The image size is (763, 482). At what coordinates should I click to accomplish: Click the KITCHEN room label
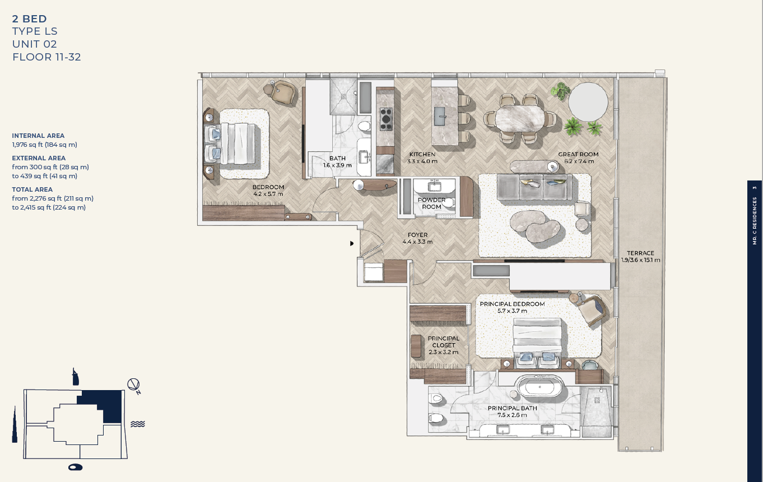[422, 155]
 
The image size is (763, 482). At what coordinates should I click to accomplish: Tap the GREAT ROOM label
[578, 155]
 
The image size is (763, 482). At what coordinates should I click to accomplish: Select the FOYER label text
[417, 235]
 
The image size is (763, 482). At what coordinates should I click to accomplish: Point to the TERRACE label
[640, 253]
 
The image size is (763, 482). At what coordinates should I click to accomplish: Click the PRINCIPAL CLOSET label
[444, 341]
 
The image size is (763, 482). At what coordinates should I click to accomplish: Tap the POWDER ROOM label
[431, 203]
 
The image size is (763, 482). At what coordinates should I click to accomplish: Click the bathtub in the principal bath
[539, 386]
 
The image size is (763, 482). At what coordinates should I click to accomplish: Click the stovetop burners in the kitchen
[386, 119]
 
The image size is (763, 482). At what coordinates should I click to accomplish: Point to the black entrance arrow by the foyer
[352, 243]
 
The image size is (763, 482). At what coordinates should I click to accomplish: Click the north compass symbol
[133, 385]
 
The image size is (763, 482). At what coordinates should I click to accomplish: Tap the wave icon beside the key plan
[138, 424]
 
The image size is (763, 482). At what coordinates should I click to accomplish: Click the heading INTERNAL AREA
[38, 136]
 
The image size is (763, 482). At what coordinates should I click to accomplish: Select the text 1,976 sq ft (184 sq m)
[45, 145]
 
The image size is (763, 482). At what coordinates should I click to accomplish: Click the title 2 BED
[30, 18]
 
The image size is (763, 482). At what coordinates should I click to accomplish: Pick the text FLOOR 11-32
[46, 57]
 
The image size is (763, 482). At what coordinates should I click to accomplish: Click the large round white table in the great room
[588, 102]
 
